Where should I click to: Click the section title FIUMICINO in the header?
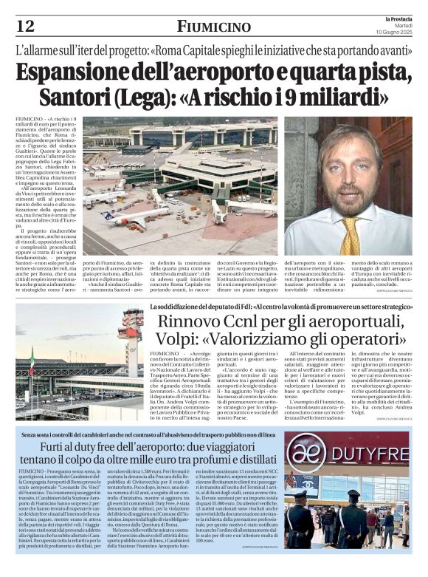[214, 27]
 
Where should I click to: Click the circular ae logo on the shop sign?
[302, 451]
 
